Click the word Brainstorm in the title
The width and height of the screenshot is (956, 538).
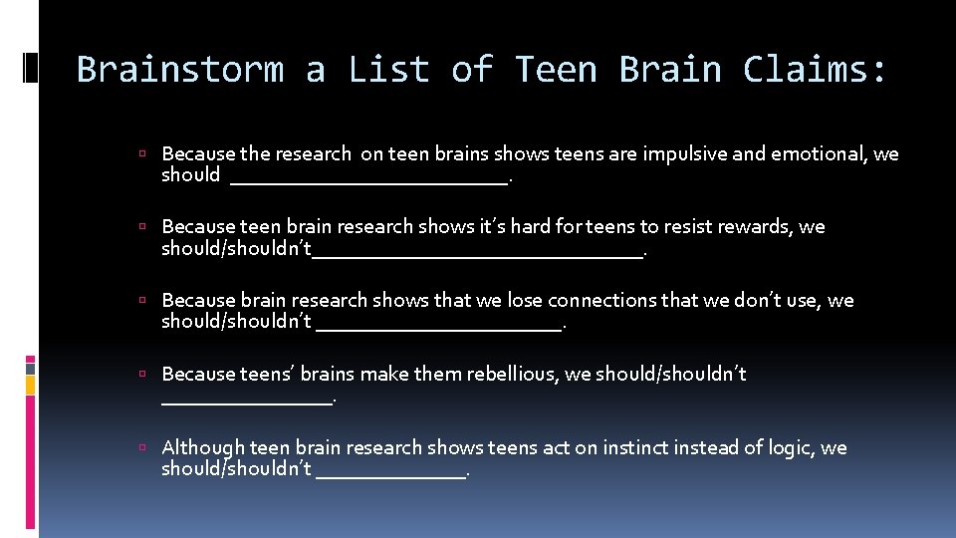(179, 71)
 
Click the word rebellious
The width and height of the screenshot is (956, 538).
(505, 375)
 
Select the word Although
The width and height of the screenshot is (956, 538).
(203, 448)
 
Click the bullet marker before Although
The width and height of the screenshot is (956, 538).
(143, 448)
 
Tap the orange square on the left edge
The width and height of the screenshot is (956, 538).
(31, 385)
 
